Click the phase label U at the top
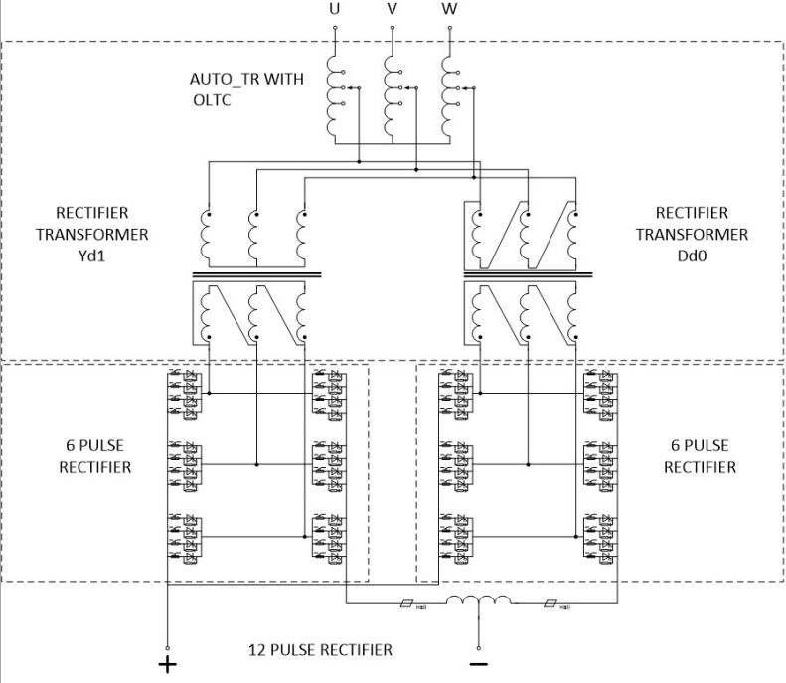pos(334,10)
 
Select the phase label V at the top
pos(392,10)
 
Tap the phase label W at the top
pos(450,10)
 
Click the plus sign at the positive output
pos(166,663)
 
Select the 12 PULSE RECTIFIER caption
pos(320,650)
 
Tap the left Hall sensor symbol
pos(406,604)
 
